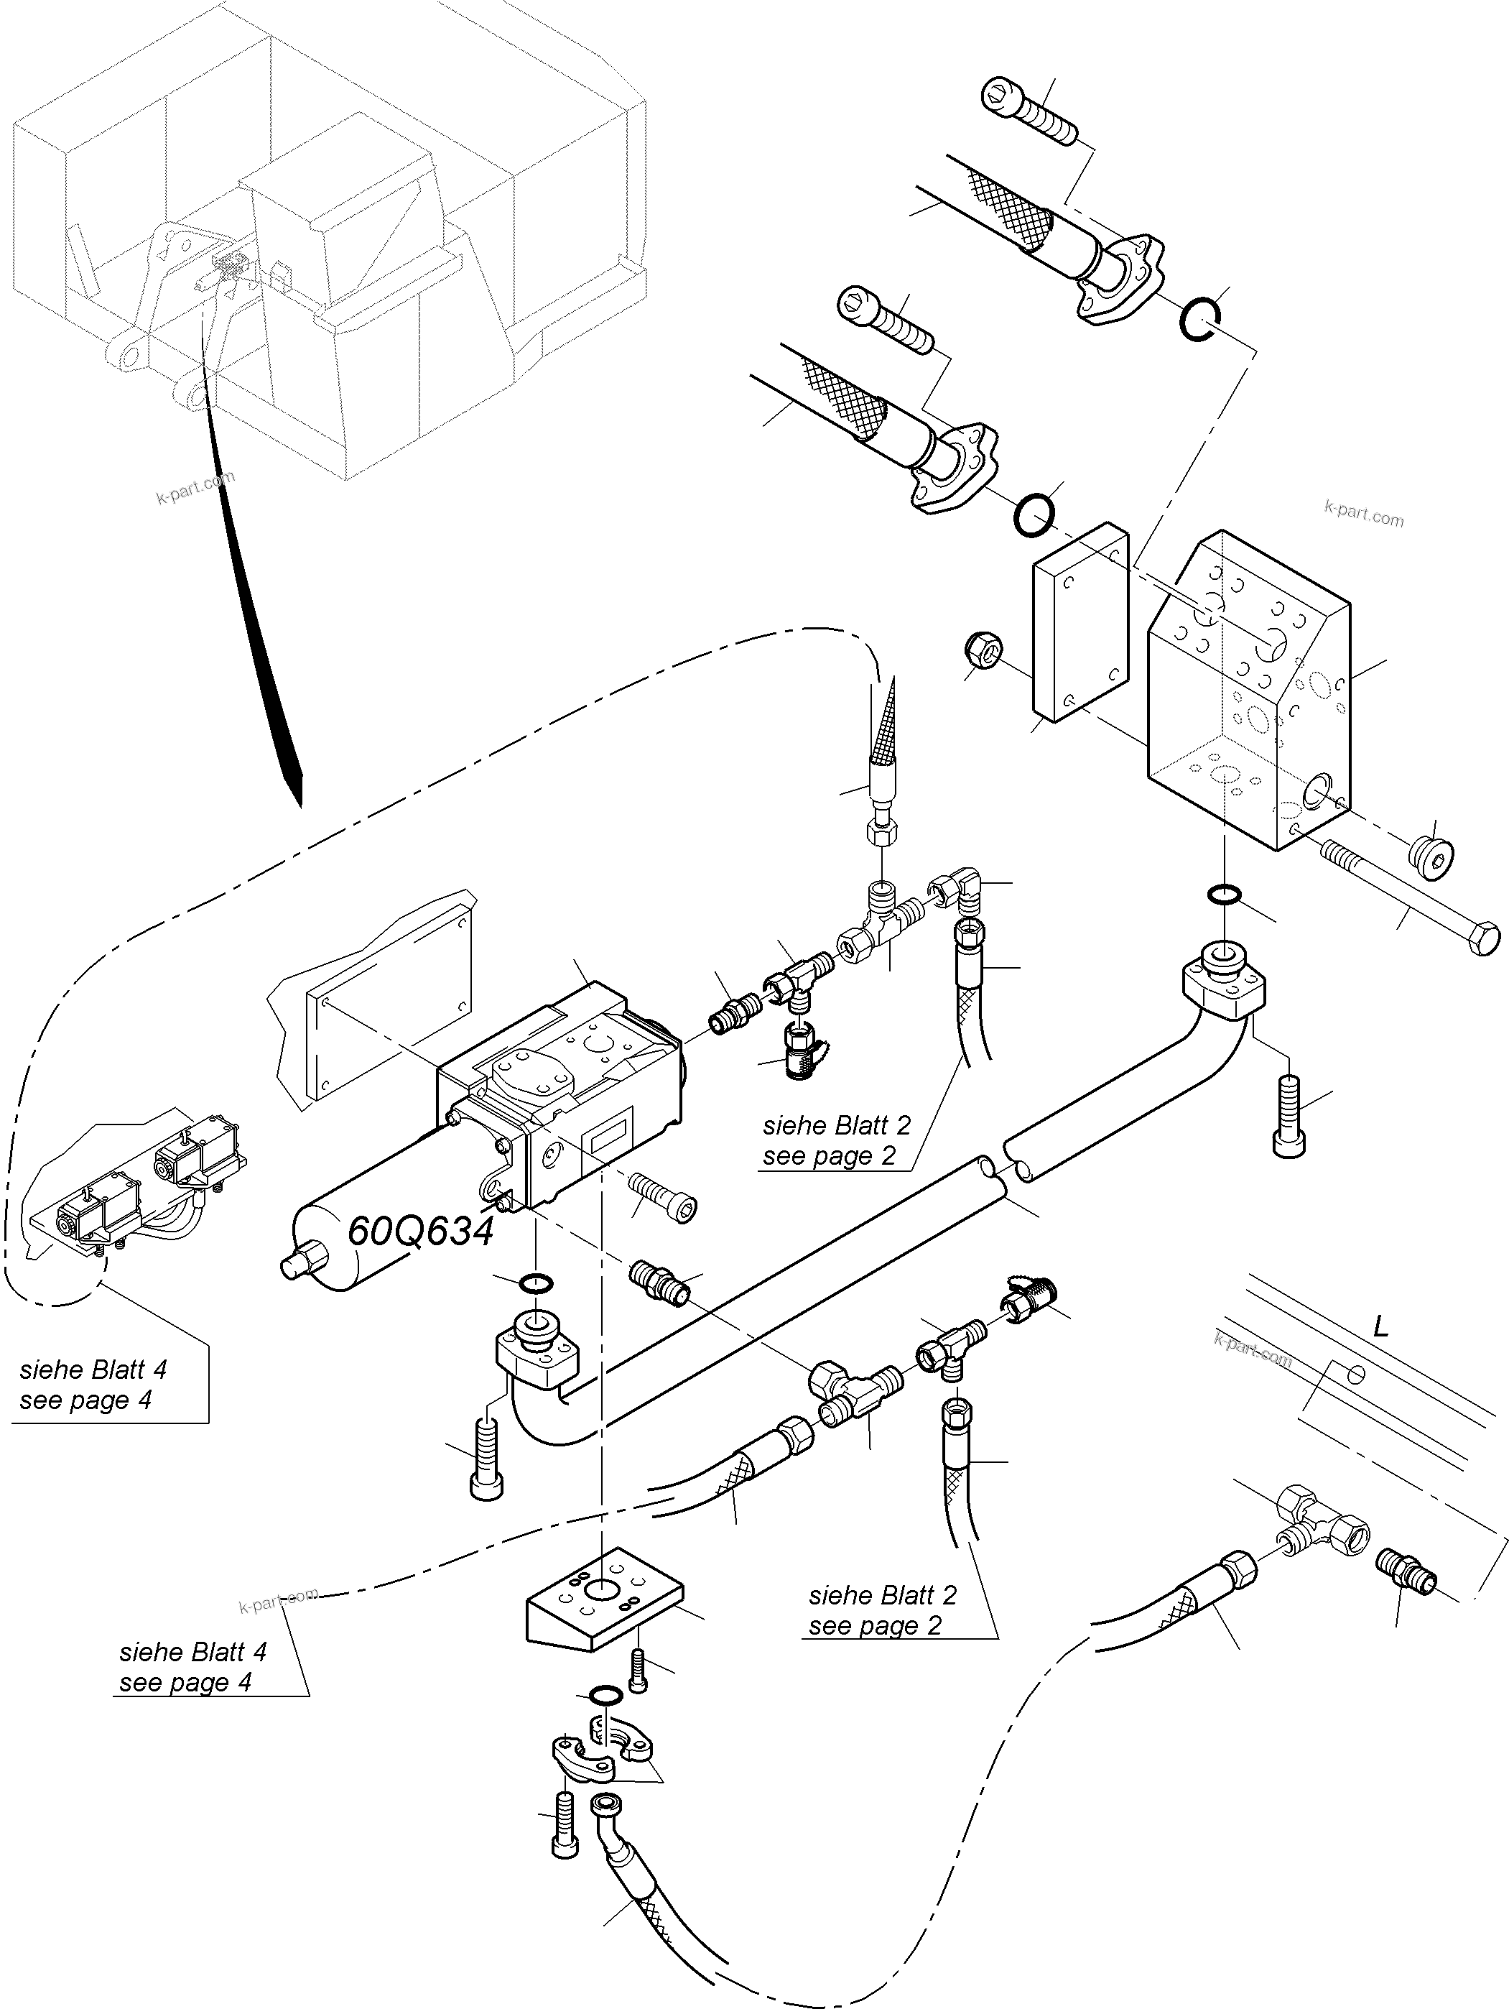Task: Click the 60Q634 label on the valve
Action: click(x=420, y=1232)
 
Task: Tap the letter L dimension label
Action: click(x=1380, y=1328)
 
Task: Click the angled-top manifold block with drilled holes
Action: click(x=1248, y=691)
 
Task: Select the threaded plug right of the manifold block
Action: click(x=1431, y=854)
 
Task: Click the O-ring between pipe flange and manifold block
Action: click(x=1224, y=895)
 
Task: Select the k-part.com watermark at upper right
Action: click(x=1364, y=514)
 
